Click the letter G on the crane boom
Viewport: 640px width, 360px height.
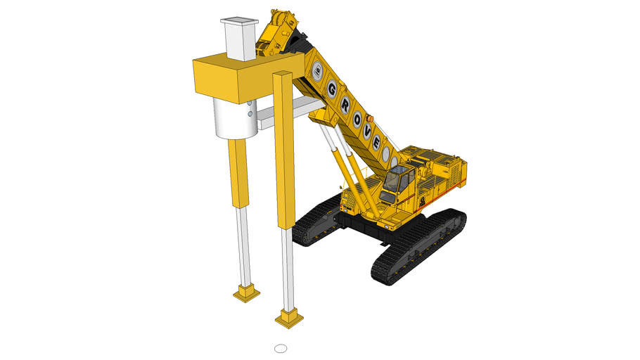tap(332, 89)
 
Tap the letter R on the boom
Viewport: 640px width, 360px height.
tap(345, 103)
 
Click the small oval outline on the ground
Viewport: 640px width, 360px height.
tap(281, 347)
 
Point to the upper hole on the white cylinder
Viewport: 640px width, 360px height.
tap(250, 103)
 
